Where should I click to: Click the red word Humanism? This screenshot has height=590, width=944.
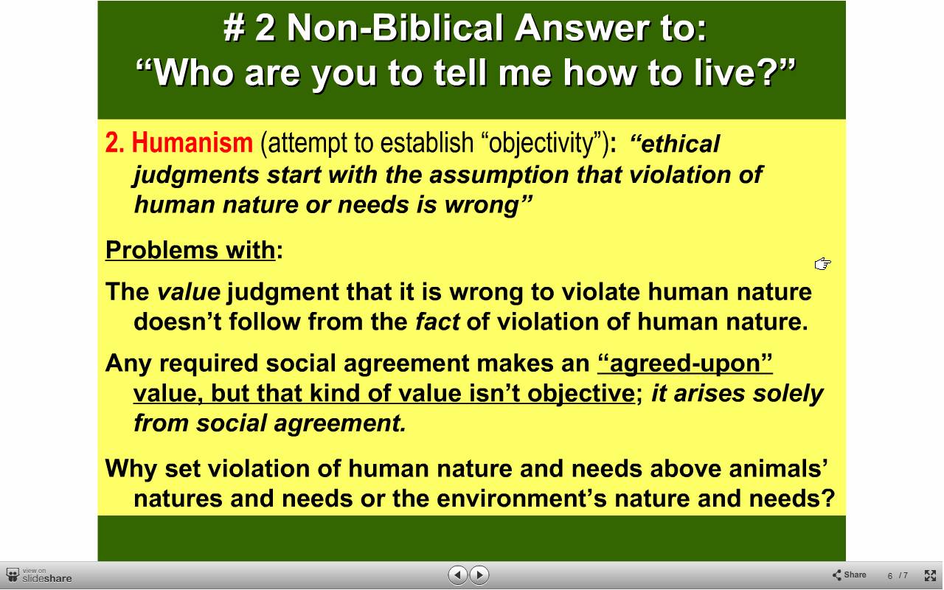click(x=192, y=142)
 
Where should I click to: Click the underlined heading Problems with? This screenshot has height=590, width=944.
click(x=190, y=250)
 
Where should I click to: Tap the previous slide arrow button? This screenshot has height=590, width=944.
click(x=458, y=575)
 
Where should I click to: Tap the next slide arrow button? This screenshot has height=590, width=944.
click(x=479, y=575)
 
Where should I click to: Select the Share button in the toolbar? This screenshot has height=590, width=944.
click(x=849, y=575)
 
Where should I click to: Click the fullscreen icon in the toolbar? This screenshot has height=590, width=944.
click(x=930, y=575)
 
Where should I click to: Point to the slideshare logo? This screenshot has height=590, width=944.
click(x=39, y=576)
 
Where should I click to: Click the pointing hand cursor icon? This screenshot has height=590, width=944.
click(x=822, y=264)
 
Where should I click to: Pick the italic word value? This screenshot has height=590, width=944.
click(x=188, y=291)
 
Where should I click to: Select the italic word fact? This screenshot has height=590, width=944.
click(x=437, y=322)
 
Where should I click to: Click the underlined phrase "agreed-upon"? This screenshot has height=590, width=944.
click(x=685, y=363)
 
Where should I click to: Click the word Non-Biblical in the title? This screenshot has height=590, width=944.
click(x=396, y=28)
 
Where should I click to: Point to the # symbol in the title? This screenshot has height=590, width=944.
click(x=235, y=28)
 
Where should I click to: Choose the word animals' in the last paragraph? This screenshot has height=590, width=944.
click(x=778, y=468)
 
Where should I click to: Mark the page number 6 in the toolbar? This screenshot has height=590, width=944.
click(x=889, y=576)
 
